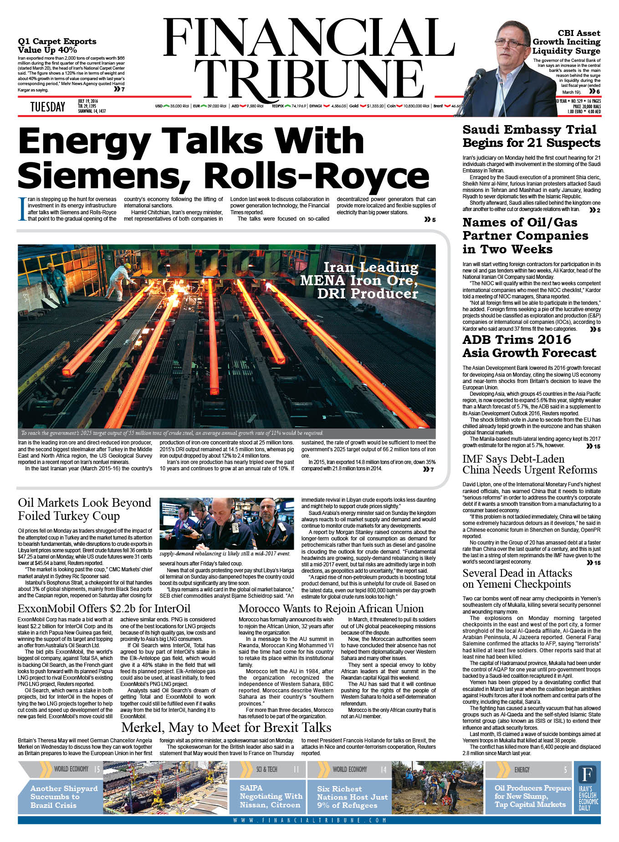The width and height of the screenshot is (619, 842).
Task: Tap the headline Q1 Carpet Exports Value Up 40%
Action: (x=57, y=45)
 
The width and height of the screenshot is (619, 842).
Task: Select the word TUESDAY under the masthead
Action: (x=47, y=107)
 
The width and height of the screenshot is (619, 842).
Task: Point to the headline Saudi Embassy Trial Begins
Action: (x=531, y=136)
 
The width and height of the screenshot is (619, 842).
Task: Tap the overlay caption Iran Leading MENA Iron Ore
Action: (x=359, y=280)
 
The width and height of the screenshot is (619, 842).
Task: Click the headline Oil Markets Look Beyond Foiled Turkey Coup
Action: (x=84, y=509)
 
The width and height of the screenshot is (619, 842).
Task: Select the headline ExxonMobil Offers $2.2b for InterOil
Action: (x=104, y=608)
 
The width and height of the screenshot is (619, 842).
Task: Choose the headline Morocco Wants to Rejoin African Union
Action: (x=331, y=608)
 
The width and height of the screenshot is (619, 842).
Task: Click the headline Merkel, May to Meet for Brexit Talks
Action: (x=226, y=727)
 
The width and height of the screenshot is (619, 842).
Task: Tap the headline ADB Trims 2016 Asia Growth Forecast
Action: (x=529, y=346)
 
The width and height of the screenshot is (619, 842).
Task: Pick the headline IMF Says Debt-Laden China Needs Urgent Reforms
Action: (x=529, y=464)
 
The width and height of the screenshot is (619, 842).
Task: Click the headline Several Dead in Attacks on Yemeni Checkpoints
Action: (x=517, y=579)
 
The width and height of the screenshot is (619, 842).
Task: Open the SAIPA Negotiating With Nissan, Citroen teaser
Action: (x=271, y=796)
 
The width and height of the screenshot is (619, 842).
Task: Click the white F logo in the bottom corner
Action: (x=587, y=774)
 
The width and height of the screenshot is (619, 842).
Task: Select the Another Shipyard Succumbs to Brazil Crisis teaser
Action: (x=64, y=797)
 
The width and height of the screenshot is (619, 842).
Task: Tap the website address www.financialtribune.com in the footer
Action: (x=309, y=820)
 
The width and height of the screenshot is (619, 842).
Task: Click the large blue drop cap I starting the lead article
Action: (x=21, y=209)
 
